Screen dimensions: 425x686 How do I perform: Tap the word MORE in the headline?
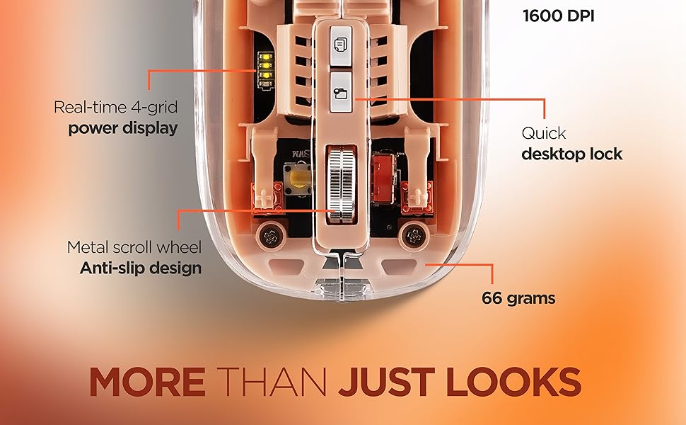(146, 382)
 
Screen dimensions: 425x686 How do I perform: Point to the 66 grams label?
(518, 298)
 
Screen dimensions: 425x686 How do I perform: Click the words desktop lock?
(571, 154)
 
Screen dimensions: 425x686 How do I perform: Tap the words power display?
(122, 129)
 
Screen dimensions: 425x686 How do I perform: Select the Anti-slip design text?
(140, 268)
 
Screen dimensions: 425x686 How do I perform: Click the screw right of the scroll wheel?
(412, 234)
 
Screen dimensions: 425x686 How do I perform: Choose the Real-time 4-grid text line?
(115, 108)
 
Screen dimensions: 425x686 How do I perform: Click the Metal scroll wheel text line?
(134, 248)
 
